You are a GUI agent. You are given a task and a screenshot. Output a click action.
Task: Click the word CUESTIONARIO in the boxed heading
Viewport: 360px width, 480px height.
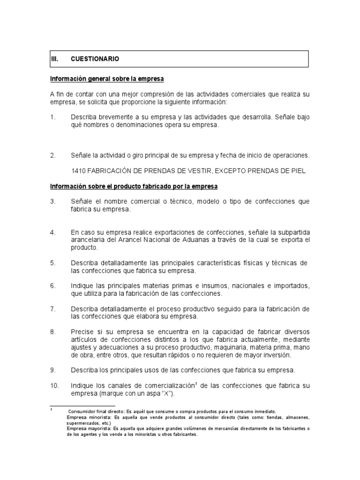95,59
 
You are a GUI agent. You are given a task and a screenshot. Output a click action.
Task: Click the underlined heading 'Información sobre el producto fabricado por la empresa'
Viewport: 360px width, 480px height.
134,186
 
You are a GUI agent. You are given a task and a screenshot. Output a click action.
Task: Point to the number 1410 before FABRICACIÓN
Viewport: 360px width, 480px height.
78,171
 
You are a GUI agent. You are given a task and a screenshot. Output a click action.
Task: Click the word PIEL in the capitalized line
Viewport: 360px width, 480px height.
299,171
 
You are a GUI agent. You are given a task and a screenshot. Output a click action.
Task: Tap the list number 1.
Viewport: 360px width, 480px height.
52,117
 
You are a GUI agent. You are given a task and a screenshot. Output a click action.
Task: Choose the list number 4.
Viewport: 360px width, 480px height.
52,232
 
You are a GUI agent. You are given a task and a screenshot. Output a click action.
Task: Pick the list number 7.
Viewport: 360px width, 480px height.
52,309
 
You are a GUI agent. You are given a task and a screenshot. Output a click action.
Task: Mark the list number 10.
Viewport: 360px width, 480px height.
54,386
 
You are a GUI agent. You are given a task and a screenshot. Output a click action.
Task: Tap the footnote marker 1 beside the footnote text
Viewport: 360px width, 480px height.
51,409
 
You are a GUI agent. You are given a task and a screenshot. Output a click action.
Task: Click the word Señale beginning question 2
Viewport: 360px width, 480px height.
82,155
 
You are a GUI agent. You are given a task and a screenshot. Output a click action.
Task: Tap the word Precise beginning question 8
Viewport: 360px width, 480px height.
82,332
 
